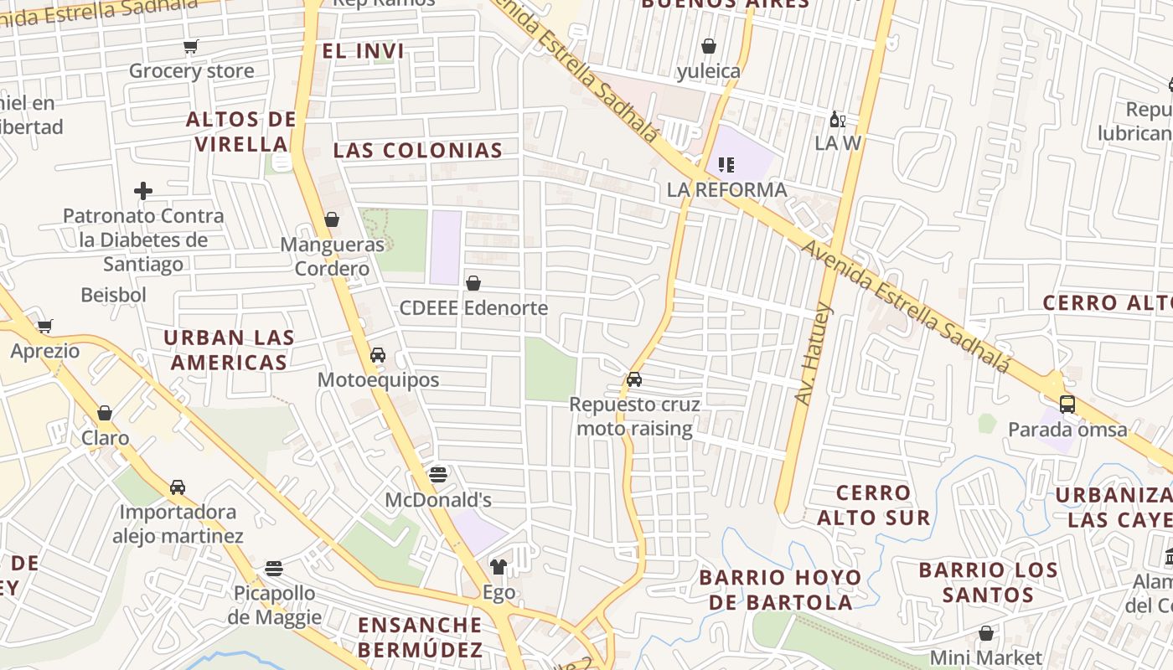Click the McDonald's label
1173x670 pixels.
437,500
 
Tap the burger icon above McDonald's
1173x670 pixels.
437,475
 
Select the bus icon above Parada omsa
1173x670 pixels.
1067,404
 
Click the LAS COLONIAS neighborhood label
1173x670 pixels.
418,151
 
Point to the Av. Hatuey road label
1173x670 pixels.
814,355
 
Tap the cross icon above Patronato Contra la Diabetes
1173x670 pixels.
143,191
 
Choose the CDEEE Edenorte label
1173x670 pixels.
473,308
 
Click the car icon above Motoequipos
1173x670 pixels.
378,355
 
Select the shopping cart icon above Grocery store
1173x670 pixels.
191,46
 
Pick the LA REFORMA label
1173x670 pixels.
726,190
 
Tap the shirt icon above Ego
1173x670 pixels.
499,567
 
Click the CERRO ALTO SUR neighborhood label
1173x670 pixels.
874,505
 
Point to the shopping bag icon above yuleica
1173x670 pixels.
709,46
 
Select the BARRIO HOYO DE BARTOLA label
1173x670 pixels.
780,590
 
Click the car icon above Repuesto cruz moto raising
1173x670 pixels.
634,379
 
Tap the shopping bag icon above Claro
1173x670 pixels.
105,413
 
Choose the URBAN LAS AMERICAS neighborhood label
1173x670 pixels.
229,350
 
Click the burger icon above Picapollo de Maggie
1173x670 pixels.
273,569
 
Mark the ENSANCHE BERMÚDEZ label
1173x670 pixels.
420,637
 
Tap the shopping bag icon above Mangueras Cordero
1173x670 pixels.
332,219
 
